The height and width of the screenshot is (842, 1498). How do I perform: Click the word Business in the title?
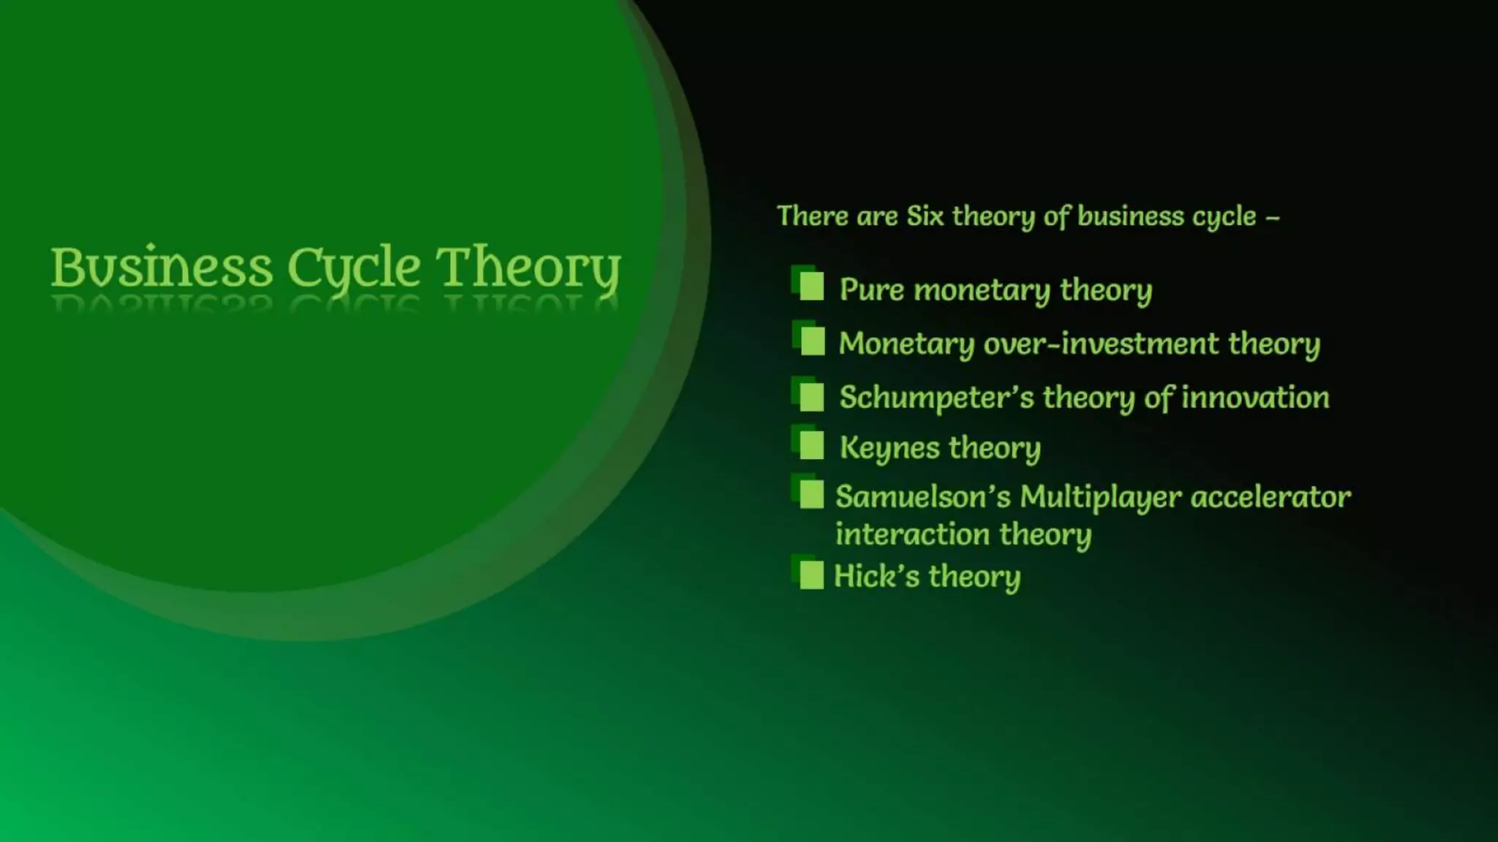click(161, 268)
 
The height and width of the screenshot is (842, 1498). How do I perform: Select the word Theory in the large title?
click(528, 268)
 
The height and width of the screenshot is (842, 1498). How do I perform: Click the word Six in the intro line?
click(925, 216)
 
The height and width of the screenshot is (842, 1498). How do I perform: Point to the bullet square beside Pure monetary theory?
click(810, 287)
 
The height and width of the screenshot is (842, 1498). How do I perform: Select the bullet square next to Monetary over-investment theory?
click(811, 341)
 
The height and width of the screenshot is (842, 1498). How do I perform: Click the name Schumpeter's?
click(936, 398)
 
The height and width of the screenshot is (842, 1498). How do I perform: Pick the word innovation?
click(1255, 398)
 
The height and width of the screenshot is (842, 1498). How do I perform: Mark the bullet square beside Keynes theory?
click(810, 445)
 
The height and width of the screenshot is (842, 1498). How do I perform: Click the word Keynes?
click(889, 447)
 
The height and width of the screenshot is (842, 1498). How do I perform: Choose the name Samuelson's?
click(922, 497)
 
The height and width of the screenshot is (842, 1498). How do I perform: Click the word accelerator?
click(1271, 497)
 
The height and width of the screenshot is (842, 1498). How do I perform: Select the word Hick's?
click(876, 576)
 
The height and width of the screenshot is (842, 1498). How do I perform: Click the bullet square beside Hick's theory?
click(810, 575)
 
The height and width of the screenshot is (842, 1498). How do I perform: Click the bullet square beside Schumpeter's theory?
click(810, 397)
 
